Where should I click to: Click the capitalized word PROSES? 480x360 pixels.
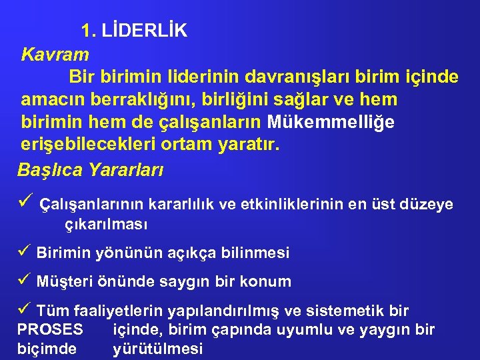[50, 329]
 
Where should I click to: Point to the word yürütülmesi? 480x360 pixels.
[158, 349]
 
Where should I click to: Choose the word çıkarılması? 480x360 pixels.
[106, 224]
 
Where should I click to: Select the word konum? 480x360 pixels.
[269, 282]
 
